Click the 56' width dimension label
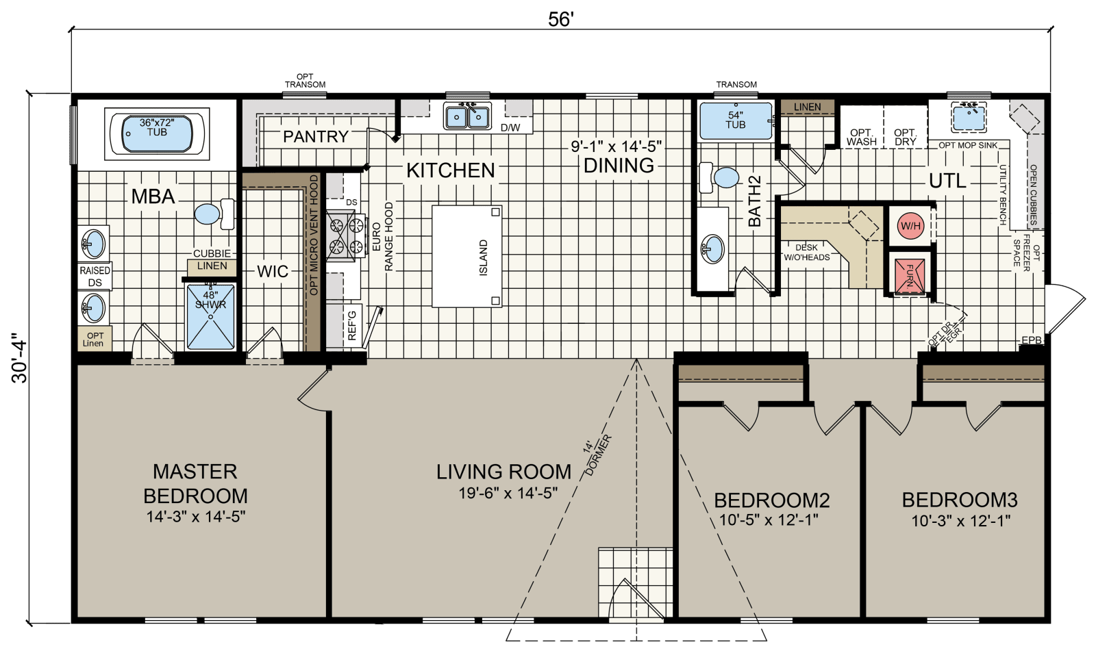tap(560, 20)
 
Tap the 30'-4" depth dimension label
tap(21, 358)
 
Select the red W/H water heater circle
tap(910, 226)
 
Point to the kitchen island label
tap(484, 257)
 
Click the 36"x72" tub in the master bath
tap(157, 133)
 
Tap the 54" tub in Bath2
tap(736, 121)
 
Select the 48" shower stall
tap(211, 317)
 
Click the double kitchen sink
tap(467, 116)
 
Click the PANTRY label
tap(316, 136)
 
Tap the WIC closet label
tap(273, 271)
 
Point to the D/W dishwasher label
tap(510, 128)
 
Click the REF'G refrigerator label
tap(352, 326)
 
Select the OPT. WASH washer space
tap(862, 127)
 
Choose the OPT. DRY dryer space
tap(905, 127)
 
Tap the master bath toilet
tap(215, 214)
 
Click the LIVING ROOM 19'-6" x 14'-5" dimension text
tap(508, 494)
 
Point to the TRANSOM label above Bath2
tap(736, 85)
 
